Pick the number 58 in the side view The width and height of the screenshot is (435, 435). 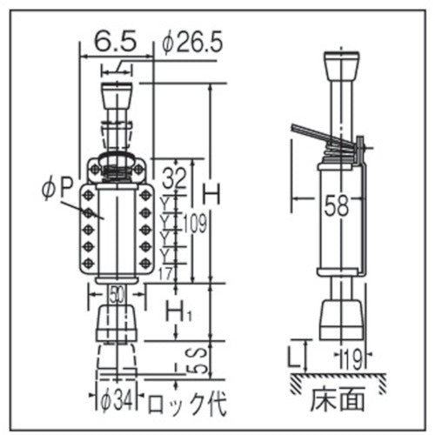click(x=336, y=206)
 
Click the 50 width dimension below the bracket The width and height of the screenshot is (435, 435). click(x=117, y=293)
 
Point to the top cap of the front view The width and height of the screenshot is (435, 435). click(x=117, y=93)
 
